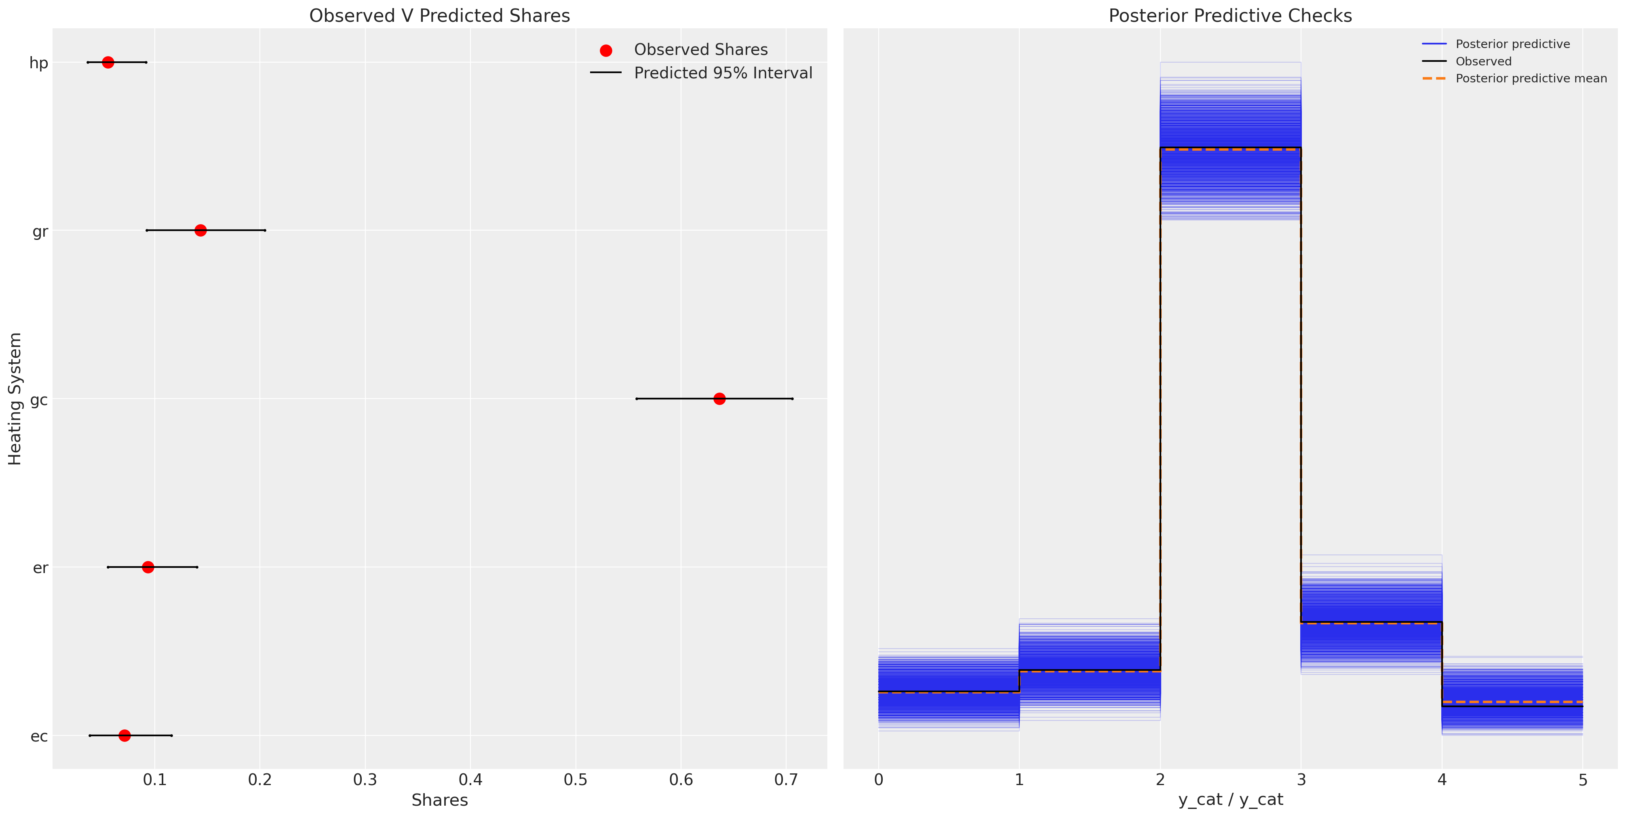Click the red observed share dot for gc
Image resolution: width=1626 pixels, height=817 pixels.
(719, 399)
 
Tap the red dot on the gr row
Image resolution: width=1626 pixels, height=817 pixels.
(200, 230)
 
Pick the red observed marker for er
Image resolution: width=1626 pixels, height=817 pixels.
(148, 567)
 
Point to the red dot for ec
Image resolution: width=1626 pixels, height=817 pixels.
(124, 735)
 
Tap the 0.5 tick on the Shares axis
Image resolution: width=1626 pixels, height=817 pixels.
(575, 780)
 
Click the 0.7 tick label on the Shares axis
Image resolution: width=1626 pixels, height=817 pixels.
(786, 780)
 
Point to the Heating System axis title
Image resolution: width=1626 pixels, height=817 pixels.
(15, 399)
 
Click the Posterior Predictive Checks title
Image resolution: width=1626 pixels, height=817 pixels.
(1230, 16)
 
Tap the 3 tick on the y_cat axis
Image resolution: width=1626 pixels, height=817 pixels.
(1301, 780)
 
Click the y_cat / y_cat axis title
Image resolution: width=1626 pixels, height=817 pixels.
(1230, 800)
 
